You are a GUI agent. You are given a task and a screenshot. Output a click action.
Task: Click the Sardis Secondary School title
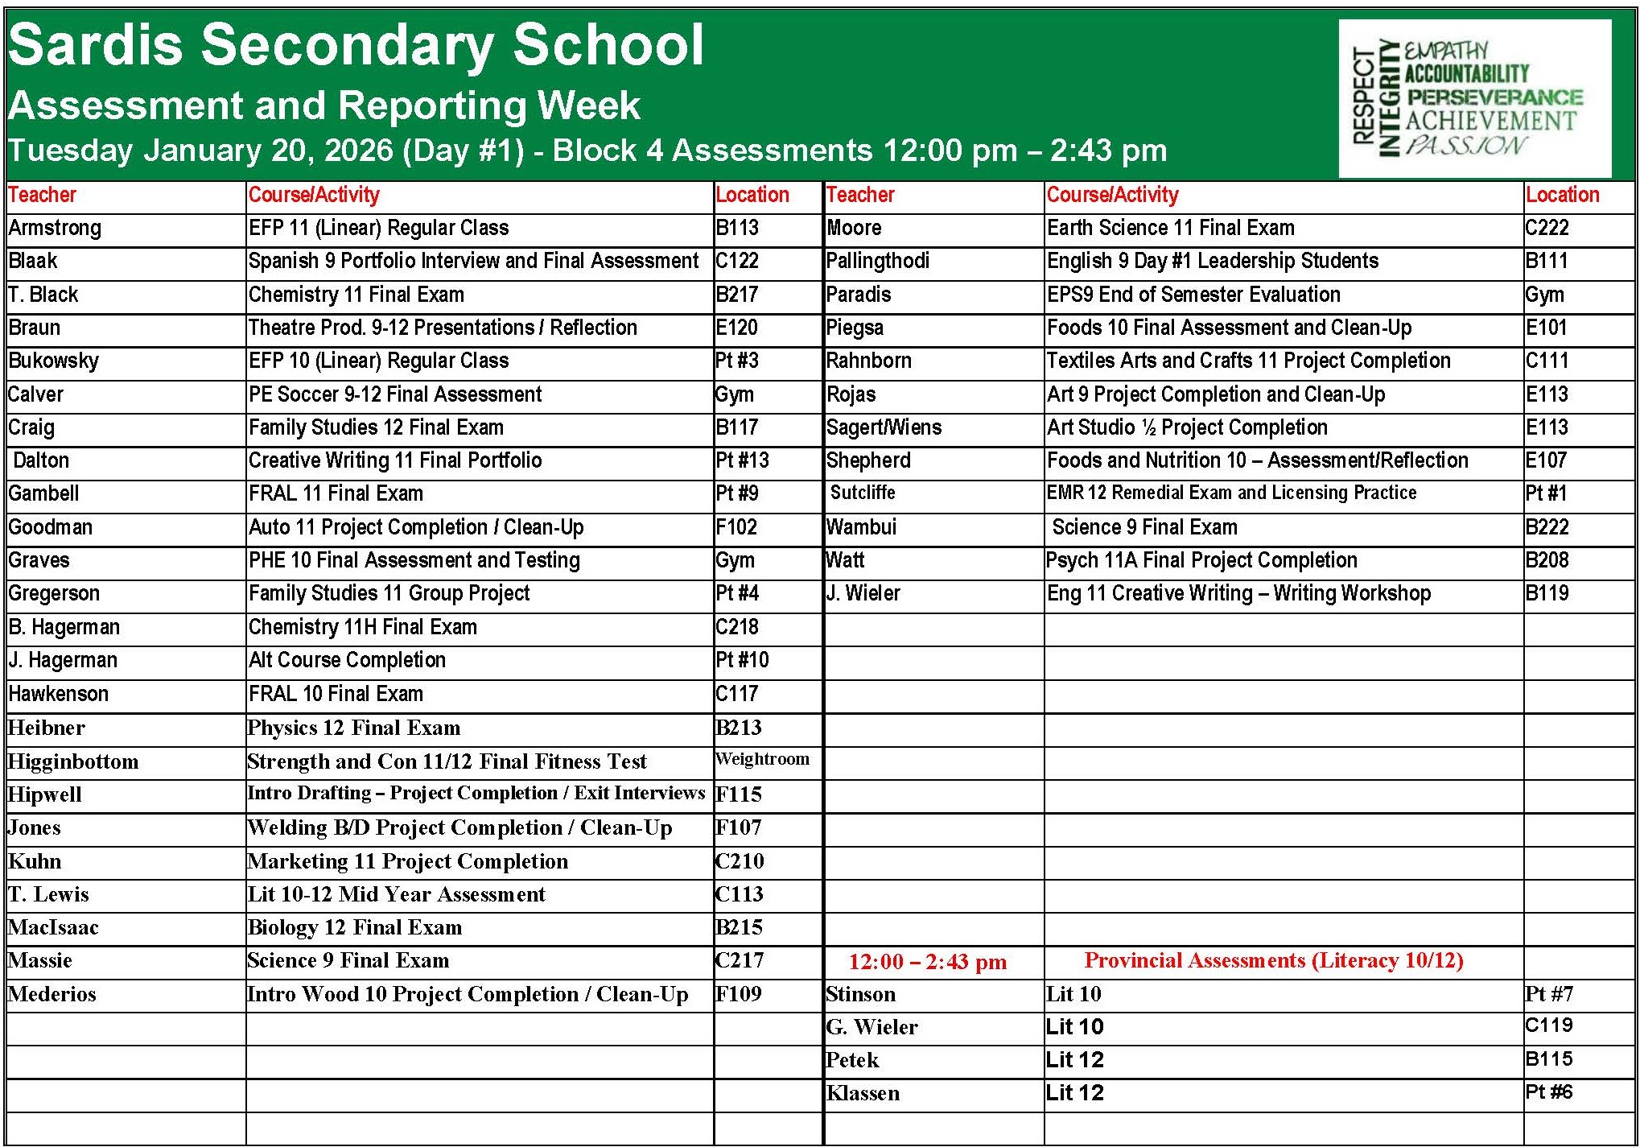tap(356, 45)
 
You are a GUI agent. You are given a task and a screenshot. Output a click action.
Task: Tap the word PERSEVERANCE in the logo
tap(1494, 97)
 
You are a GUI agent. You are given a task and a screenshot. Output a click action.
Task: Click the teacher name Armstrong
tap(55, 228)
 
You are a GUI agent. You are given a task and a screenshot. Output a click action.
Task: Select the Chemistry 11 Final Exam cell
tap(356, 295)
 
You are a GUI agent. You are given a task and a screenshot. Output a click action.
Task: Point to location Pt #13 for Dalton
tap(742, 460)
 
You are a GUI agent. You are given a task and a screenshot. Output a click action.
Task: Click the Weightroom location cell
tap(762, 759)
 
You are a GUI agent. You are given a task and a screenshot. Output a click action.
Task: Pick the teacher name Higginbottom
tap(73, 761)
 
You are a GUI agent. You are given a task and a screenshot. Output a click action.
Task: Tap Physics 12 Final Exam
tap(354, 728)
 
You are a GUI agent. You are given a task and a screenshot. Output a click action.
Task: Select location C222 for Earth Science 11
tap(1547, 228)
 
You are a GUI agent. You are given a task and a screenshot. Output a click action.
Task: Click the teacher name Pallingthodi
tap(877, 261)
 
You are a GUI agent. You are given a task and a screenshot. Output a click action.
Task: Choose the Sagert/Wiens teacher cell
tap(884, 427)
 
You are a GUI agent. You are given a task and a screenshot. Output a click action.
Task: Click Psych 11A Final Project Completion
tap(1201, 560)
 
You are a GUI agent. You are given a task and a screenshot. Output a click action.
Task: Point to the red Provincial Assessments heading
tap(1274, 960)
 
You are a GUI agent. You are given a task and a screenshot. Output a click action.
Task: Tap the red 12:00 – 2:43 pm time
tap(927, 962)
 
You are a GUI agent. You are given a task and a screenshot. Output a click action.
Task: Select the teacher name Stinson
tap(860, 994)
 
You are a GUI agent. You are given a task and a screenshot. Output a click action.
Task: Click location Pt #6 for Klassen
tap(1548, 1092)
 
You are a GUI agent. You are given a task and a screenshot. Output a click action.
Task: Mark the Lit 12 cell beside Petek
tap(1074, 1060)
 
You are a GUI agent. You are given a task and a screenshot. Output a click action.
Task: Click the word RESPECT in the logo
tap(1363, 97)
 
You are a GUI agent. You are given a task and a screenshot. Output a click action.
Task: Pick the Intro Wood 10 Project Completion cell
tap(468, 994)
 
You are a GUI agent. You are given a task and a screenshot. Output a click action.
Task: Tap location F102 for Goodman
tap(736, 527)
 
